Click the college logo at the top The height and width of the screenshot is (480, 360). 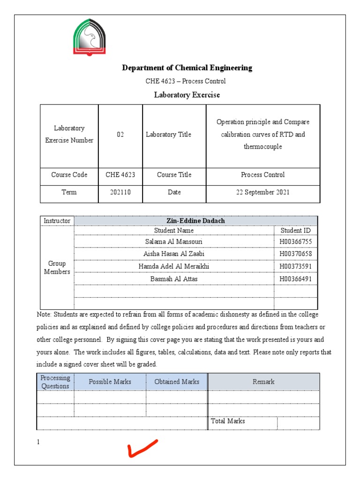click(89, 37)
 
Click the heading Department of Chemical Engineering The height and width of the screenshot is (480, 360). click(187, 68)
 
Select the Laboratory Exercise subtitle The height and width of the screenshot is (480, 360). click(187, 95)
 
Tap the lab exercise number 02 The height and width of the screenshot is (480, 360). click(120, 135)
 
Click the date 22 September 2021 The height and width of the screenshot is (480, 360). click(263, 192)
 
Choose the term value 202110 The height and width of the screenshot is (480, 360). click(120, 192)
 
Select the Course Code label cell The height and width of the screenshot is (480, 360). click(69, 175)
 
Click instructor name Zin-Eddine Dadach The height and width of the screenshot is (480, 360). click(196, 221)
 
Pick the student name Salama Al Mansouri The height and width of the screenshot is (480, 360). click(174, 242)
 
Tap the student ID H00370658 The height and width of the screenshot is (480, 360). click(295, 254)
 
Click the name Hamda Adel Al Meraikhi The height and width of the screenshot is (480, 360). click(174, 266)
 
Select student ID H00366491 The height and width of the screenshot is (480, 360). click(295, 279)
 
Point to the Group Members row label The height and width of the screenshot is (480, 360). click(57, 268)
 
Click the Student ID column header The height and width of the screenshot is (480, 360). click(295, 230)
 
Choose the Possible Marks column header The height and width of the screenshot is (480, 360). click(110, 382)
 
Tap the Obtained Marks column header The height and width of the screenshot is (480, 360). click(177, 382)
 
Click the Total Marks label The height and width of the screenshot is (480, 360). click(228, 421)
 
